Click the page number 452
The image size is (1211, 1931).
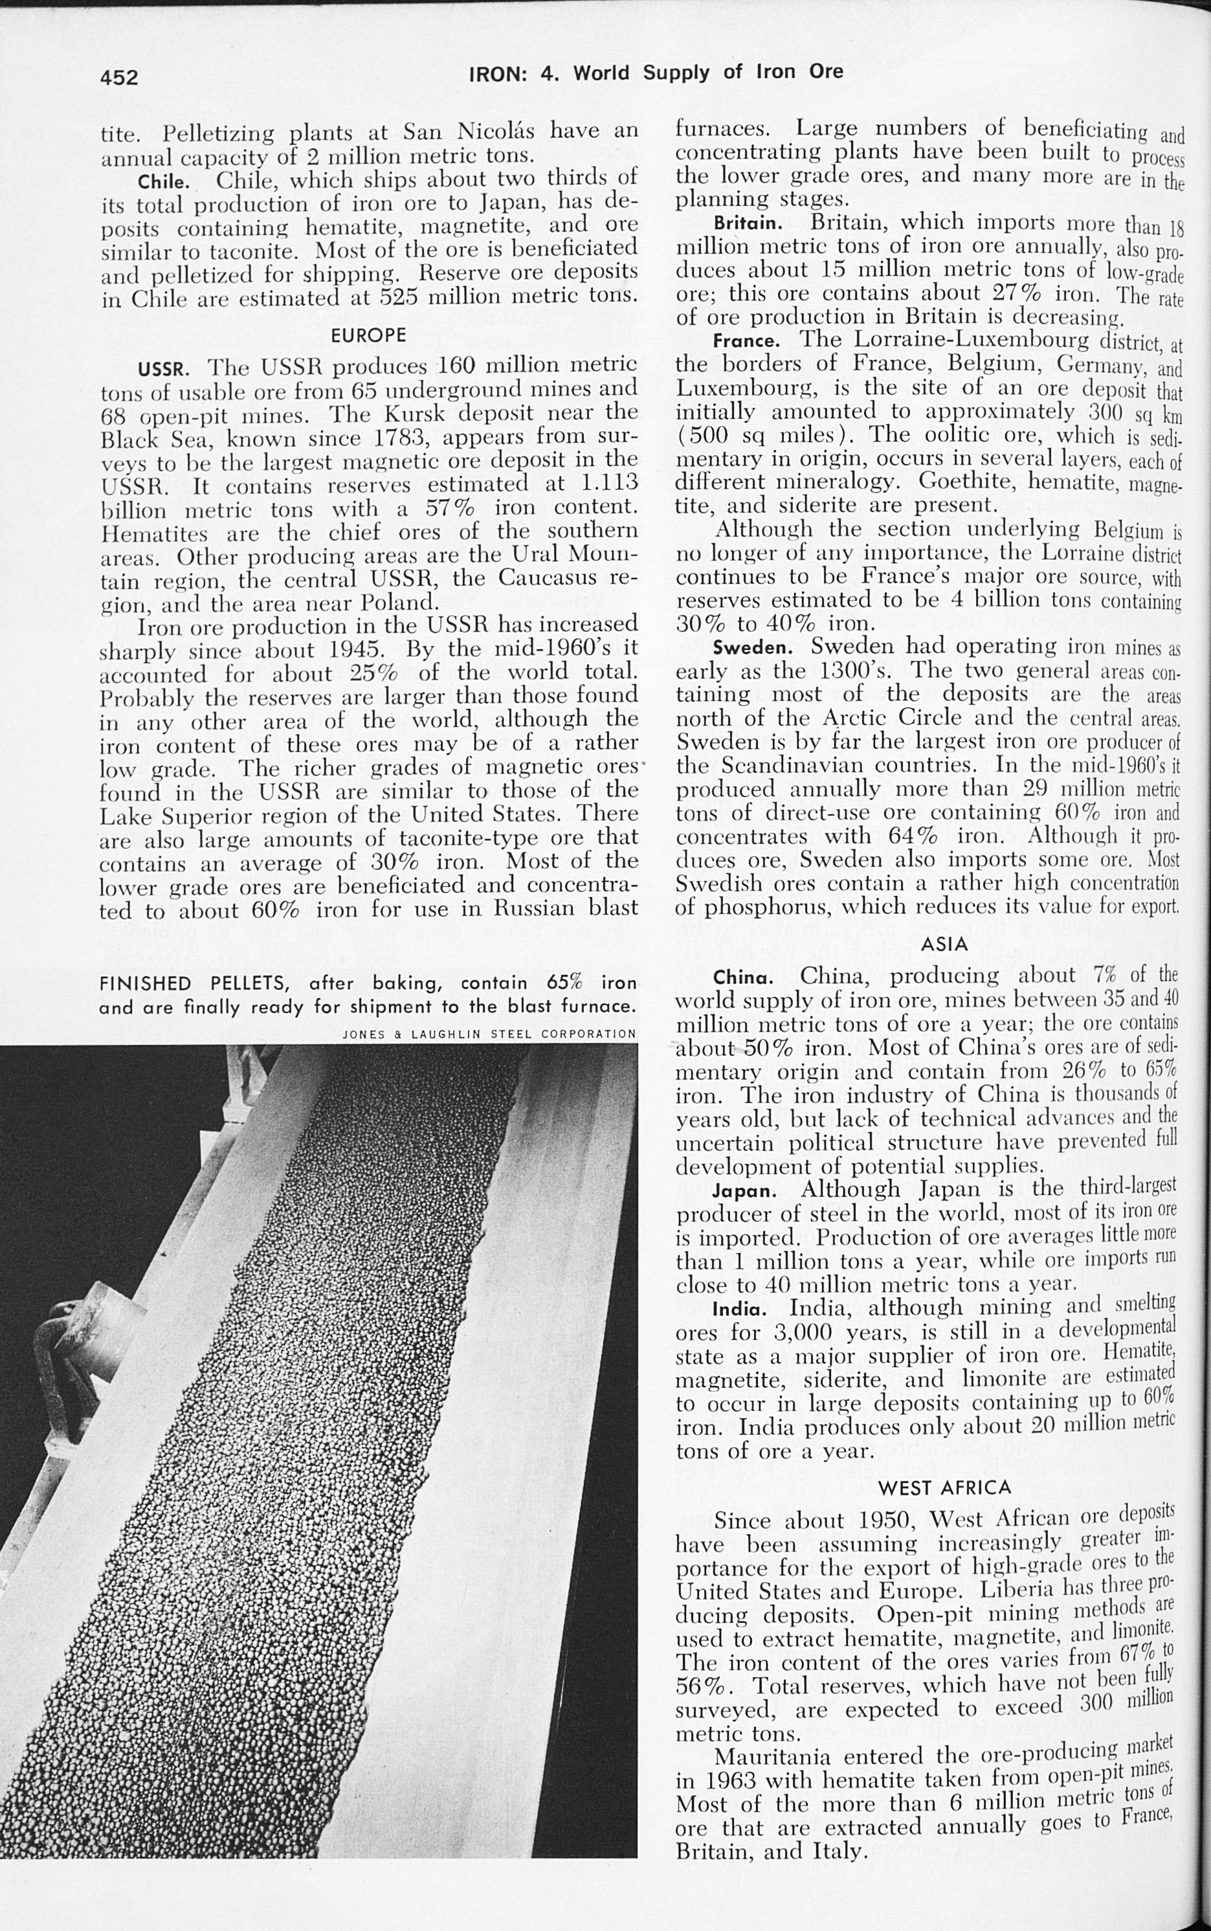pos(119,77)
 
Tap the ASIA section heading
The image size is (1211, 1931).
pos(945,945)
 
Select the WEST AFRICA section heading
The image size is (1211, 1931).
pos(945,1488)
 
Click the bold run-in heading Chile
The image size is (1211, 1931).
pos(162,180)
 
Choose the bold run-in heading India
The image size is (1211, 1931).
pos(740,1310)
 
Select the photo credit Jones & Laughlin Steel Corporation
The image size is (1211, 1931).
pos(489,1034)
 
